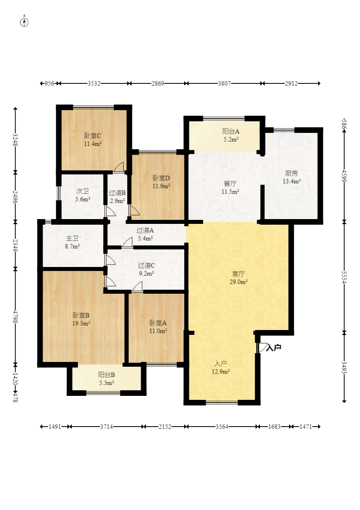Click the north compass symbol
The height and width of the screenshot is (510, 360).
point(24,22)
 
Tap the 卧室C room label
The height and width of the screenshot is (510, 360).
point(93,136)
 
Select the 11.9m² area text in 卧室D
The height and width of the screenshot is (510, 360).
point(161,186)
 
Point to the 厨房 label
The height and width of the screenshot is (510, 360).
point(291,174)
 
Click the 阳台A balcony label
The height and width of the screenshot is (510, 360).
point(230,131)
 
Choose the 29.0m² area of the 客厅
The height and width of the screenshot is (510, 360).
point(238,282)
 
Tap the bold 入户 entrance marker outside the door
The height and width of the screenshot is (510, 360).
point(274,348)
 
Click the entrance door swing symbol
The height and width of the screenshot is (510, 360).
point(262,348)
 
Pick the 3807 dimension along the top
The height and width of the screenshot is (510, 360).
point(224,83)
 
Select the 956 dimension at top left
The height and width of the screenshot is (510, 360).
point(49,83)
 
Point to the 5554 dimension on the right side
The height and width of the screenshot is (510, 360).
point(344,277)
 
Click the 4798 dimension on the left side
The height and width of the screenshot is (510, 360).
point(16,316)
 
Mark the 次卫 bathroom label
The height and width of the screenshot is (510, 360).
point(83,191)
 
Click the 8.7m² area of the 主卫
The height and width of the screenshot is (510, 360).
point(72,246)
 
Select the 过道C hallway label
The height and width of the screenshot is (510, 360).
point(146,265)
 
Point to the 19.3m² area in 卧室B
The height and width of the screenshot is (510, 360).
point(81,323)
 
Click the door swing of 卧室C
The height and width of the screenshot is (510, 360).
point(118,167)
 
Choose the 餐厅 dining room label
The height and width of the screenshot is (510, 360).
point(230,184)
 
